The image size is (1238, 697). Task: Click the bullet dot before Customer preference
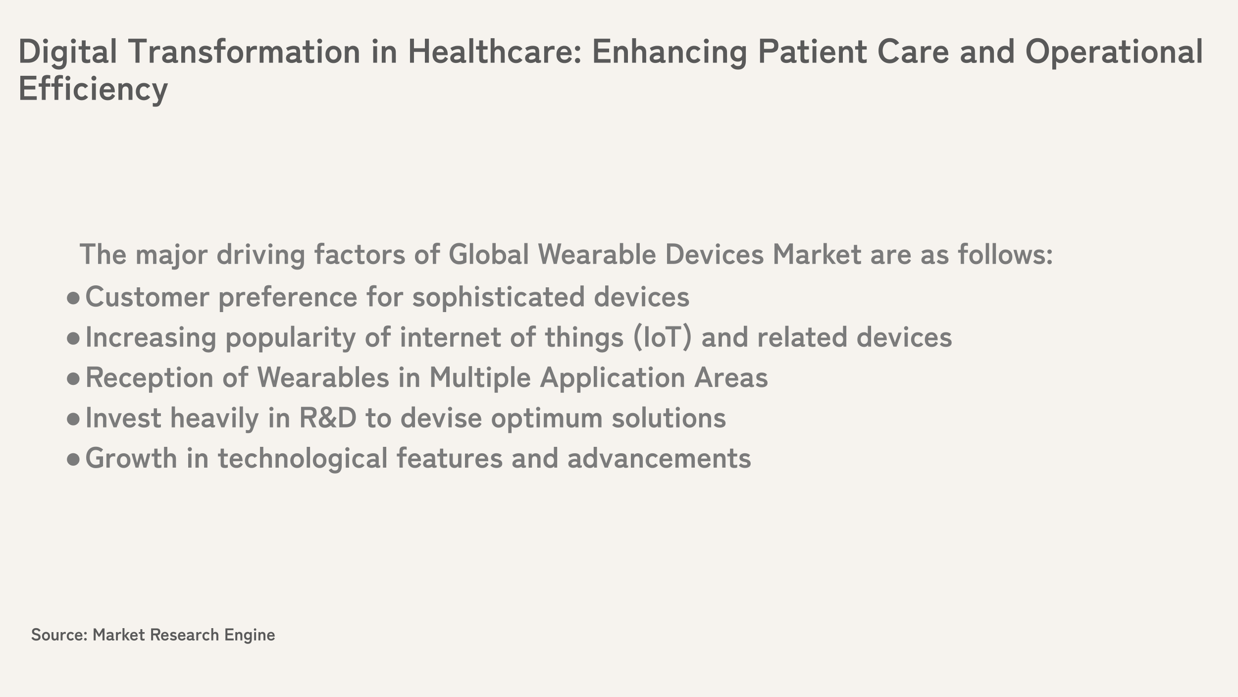(73, 298)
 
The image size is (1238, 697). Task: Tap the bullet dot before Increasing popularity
(73, 338)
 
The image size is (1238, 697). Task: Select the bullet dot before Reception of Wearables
(73, 379)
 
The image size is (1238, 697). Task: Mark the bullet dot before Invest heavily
(73, 419)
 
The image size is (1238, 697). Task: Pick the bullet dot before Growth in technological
(73, 459)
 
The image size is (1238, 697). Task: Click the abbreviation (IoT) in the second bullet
(662, 337)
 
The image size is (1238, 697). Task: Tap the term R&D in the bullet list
(327, 418)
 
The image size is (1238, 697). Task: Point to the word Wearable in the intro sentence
(597, 254)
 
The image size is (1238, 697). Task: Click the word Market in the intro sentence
(817, 254)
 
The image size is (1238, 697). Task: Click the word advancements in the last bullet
(659, 458)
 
